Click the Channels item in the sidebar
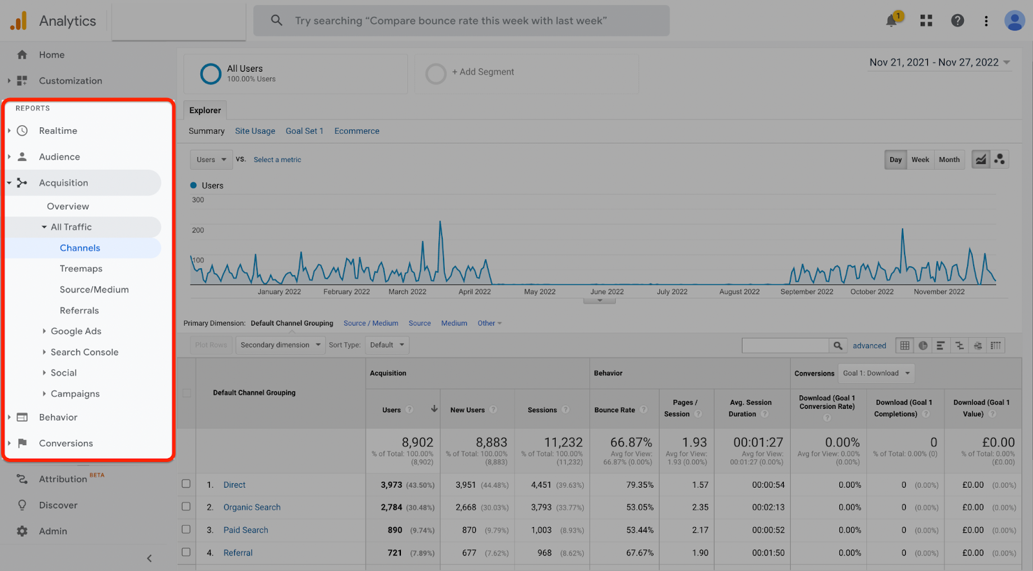[80, 248]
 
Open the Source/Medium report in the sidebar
[94, 289]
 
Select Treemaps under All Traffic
[81, 269]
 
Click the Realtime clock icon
[22, 130]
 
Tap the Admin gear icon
[22, 531]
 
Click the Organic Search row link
[252, 507]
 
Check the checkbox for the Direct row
[186, 484]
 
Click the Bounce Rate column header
[615, 410]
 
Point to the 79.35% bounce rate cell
[640, 484]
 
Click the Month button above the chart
[948, 160]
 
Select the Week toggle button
[920, 160]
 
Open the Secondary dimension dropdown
[280, 345]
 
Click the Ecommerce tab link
[356, 131]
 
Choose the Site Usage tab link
[255, 131]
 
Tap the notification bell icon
[891, 21]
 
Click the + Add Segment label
[483, 72]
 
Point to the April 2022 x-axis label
[475, 292]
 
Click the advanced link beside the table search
[869, 346]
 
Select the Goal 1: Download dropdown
[876, 373]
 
